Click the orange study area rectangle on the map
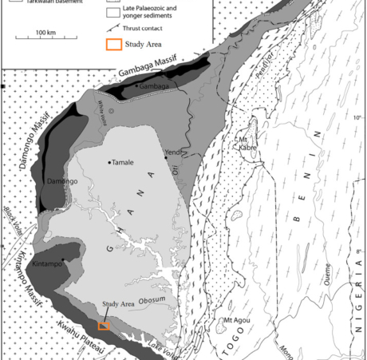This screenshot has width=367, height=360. [x=104, y=326]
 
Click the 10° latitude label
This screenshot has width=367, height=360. [x=358, y=118]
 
